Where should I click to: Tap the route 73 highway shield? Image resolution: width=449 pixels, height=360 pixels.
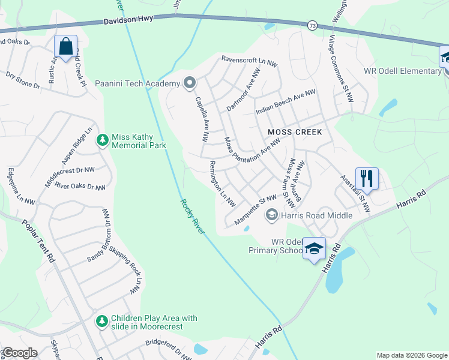[312, 25]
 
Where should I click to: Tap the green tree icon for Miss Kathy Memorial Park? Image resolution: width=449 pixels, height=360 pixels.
[103, 140]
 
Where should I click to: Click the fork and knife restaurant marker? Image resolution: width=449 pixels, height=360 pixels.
[367, 178]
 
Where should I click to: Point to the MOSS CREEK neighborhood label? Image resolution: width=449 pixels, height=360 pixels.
[295, 132]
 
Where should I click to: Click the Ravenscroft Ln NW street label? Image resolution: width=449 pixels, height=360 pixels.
[250, 60]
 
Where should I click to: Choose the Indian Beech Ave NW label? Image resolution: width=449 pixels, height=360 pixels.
[285, 102]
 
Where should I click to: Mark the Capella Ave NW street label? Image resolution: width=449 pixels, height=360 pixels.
[200, 120]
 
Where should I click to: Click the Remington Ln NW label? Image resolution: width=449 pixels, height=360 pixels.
[222, 184]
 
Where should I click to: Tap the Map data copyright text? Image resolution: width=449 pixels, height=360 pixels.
[411, 355]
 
